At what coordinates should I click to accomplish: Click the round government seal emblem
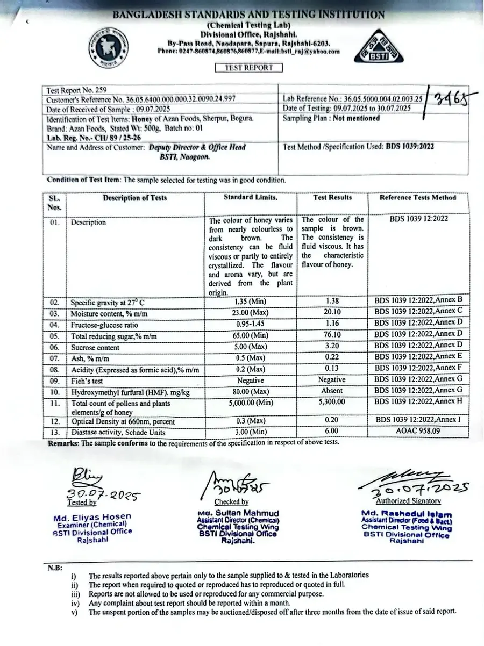[x=111, y=46]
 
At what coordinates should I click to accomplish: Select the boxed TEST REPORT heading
[x=248, y=68]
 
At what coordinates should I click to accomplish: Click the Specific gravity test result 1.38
[x=331, y=302]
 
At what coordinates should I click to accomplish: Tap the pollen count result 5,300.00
[x=331, y=403]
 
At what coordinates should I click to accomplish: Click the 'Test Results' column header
[x=332, y=198]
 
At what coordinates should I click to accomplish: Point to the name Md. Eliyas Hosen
[x=92, y=518]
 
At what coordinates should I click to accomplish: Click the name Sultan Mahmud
[x=239, y=513]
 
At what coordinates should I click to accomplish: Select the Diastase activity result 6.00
[x=331, y=432]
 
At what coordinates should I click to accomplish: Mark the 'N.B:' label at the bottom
[x=54, y=567]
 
